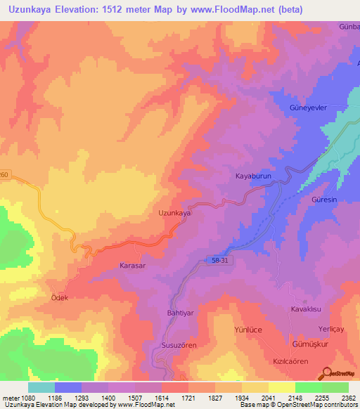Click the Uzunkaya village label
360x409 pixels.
click(174, 213)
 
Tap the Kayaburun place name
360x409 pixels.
click(253, 177)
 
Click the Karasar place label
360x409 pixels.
click(133, 267)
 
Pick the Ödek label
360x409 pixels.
click(58, 298)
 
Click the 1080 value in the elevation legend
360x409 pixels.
click(27, 398)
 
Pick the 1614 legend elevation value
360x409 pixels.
click(161, 398)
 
